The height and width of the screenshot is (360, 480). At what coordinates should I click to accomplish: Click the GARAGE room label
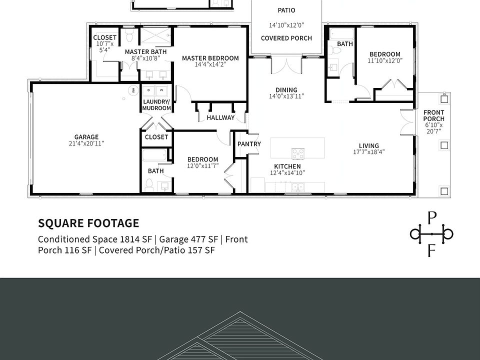tap(86, 137)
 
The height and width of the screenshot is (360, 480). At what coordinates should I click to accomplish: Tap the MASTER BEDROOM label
tap(210, 58)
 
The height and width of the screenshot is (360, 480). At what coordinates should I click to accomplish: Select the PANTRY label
tap(249, 144)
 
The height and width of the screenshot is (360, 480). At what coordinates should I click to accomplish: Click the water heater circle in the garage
tap(133, 90)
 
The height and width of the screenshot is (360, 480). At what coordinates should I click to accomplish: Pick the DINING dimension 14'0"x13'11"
tap(286, 96)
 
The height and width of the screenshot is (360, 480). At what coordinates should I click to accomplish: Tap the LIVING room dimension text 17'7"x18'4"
tap(368, 152)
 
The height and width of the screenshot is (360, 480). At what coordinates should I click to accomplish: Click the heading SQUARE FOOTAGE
tap(88, 223)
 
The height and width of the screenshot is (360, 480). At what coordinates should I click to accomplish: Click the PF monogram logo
tap(431, 233)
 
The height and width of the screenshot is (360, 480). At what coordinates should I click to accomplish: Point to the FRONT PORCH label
tap(433, 115)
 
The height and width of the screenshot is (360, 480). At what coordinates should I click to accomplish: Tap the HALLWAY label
tap(220, 118)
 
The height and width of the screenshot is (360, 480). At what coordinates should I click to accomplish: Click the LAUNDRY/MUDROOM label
tap(156, 105)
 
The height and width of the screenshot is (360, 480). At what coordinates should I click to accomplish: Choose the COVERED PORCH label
tap(286, 38)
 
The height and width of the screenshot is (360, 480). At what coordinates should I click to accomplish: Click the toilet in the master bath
tap(129, 37)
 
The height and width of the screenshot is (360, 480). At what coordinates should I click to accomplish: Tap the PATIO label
tap(286, 10)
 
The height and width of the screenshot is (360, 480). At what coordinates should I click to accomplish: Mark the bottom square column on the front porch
tap(443, 190)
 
